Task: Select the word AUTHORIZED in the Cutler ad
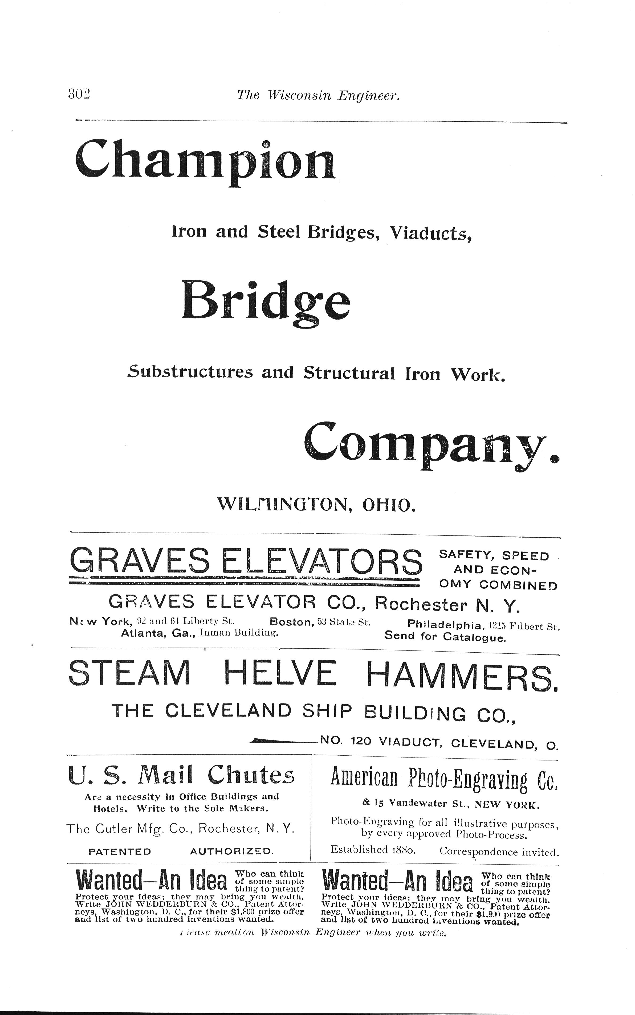231,852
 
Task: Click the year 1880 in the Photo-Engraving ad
403,850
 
